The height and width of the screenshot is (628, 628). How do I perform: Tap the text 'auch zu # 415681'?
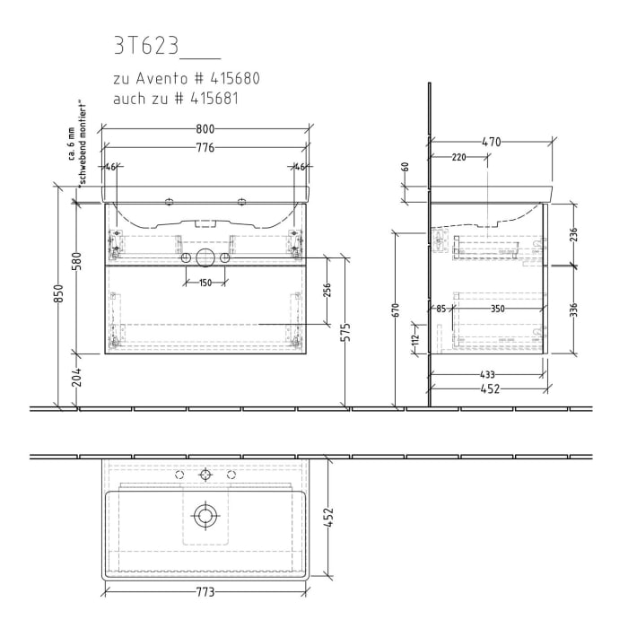175,99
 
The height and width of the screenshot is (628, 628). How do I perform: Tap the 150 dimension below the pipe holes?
205,283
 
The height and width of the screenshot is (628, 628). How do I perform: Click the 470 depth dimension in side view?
490,141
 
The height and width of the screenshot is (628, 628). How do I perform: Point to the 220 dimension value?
458,157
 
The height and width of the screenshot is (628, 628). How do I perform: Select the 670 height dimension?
396,310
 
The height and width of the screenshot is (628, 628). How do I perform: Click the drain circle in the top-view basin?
205,515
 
